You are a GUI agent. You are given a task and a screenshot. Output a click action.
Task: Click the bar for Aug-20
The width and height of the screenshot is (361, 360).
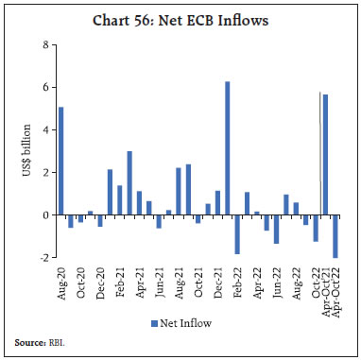click(61, 161)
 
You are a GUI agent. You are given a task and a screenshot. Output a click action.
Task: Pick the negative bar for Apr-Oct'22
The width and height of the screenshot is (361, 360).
click(335, 236)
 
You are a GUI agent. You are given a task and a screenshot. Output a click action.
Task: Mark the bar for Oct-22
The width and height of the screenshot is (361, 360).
click(316, 228)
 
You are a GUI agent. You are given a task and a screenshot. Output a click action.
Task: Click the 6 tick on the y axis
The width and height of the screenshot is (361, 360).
click(44, 88)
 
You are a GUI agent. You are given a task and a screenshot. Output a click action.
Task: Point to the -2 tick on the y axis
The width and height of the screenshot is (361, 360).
click(43, 258)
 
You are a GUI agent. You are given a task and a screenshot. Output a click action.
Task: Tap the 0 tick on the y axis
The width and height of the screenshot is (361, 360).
click(44, 215)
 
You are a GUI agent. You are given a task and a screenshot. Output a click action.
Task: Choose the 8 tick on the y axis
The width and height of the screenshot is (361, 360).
click(44, 45)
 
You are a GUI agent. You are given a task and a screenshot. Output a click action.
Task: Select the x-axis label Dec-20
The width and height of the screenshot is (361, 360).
click(100, 283)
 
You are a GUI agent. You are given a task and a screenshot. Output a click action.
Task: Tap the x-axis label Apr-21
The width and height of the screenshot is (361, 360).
click(139, 283)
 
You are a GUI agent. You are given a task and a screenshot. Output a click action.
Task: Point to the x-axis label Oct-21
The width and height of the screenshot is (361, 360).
click(198, 283)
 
